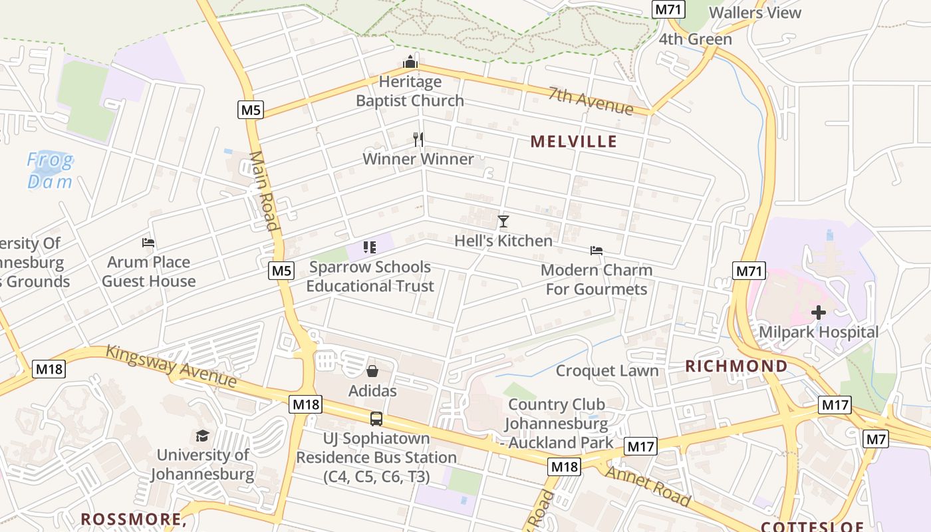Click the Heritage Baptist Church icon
[x=410, y=63]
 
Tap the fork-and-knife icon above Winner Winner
[x=418, y=139]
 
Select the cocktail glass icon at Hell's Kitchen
[x=503, y=221]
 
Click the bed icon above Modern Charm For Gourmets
[x=597, y=251]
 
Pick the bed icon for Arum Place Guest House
[x=148, y=243]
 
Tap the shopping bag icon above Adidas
[x=372, y=371]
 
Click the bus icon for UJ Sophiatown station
[x=376, y=419]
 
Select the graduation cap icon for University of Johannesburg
[x=202, y=436]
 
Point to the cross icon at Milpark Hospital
[x=819, y=312]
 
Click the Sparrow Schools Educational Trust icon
[x=370, y=248]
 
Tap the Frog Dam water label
[x=51, y=170]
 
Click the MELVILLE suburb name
[x=574, y=141]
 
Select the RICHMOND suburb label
[x=736, y=366]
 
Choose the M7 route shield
[x=875, y=439]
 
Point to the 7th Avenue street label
[x=591, y=100]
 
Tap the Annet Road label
[x=648, y=485]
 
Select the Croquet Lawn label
[x=607, y=370]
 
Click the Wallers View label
[x=755, y=13]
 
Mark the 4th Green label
[x=695, y=39]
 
